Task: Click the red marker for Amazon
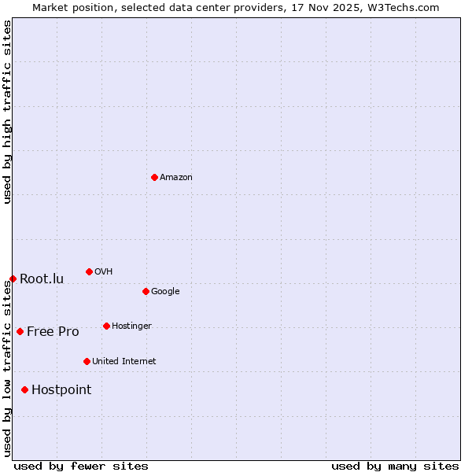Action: click(x=154, y=177)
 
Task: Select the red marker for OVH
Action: click(x=89, y=271)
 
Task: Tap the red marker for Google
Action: click(x=146, y=291)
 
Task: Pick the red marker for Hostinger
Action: click(x=106, y=326)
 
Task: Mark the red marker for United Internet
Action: click(x=87, y=361)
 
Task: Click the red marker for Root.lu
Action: click(x=13, y=278)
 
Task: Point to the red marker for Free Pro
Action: click(x=20, y=331)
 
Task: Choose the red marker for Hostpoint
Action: click(x=24, y=389)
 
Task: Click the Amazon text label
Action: click(x=176, y=178)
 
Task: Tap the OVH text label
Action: click(x=104, y=272)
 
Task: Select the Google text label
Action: click(x=165, y=292)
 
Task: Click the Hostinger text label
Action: click(x=131, y=326)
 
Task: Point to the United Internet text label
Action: click(x=124, y=362)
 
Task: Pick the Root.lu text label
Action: click(x=42, y=279)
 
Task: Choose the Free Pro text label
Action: click(x=53, y=332)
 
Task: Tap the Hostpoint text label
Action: click(x=61, y=390)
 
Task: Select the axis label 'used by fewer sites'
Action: click(x=81, y=466)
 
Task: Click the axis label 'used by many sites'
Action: click(x=395, y=466)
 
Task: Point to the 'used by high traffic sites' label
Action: click(x=7, y=112)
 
